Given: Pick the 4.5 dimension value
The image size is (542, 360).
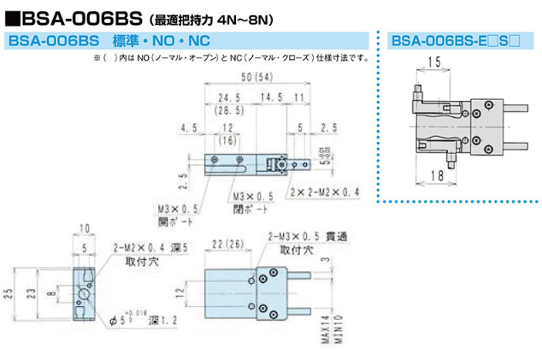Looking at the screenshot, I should [189, 128].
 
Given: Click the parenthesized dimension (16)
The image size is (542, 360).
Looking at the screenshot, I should [227, 139].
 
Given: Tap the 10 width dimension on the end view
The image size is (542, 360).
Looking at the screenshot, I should [85, 230].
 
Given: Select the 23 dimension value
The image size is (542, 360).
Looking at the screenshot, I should [52, 292].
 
